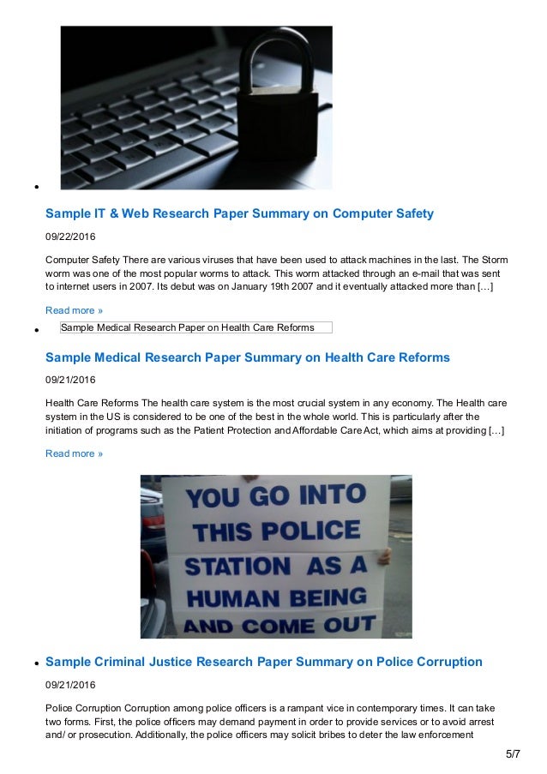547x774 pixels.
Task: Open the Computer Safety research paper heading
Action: coord(239,213)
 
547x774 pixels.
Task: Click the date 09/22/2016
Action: coord(70,236)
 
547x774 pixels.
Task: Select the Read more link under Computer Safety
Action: coord(74,309)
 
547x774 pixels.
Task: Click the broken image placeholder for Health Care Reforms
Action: coord(195,327)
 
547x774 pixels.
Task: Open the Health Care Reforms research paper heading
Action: coord(247,357)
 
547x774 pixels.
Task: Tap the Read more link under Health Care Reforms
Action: coord(74,453)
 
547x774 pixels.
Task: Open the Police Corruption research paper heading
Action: coord(263,662)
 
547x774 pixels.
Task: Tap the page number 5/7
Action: coord(513,754)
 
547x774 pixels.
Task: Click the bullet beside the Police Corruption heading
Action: coord(39,663)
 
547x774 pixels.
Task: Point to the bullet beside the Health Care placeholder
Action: coord(39,330)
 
